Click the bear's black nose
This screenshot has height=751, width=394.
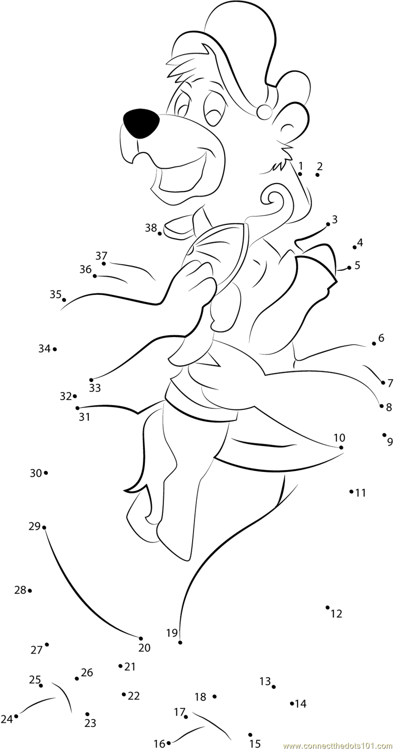point(141,124)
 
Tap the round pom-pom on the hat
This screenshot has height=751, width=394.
point(264,111)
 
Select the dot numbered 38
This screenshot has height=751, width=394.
point(160,233)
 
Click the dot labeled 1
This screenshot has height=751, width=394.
point(300,174)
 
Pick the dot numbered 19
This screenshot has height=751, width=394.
point(180,643)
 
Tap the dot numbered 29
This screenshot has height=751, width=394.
point(44,528)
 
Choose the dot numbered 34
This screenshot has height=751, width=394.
point(55,349)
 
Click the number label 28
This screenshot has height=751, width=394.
point(20,590)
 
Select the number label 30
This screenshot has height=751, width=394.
point(36,473)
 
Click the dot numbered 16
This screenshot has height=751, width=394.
point(168,743)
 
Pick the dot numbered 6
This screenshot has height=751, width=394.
point(374,344)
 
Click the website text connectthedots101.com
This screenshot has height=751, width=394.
point(338,746)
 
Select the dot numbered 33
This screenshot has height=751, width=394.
point(91,380)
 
